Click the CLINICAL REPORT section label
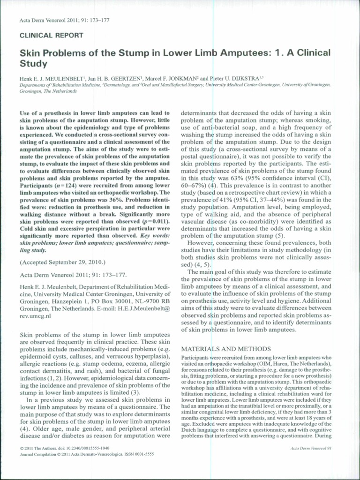[52, 35]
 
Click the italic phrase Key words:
[156, 235]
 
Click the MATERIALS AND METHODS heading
[226, 349]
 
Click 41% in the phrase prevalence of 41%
[218, 200]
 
